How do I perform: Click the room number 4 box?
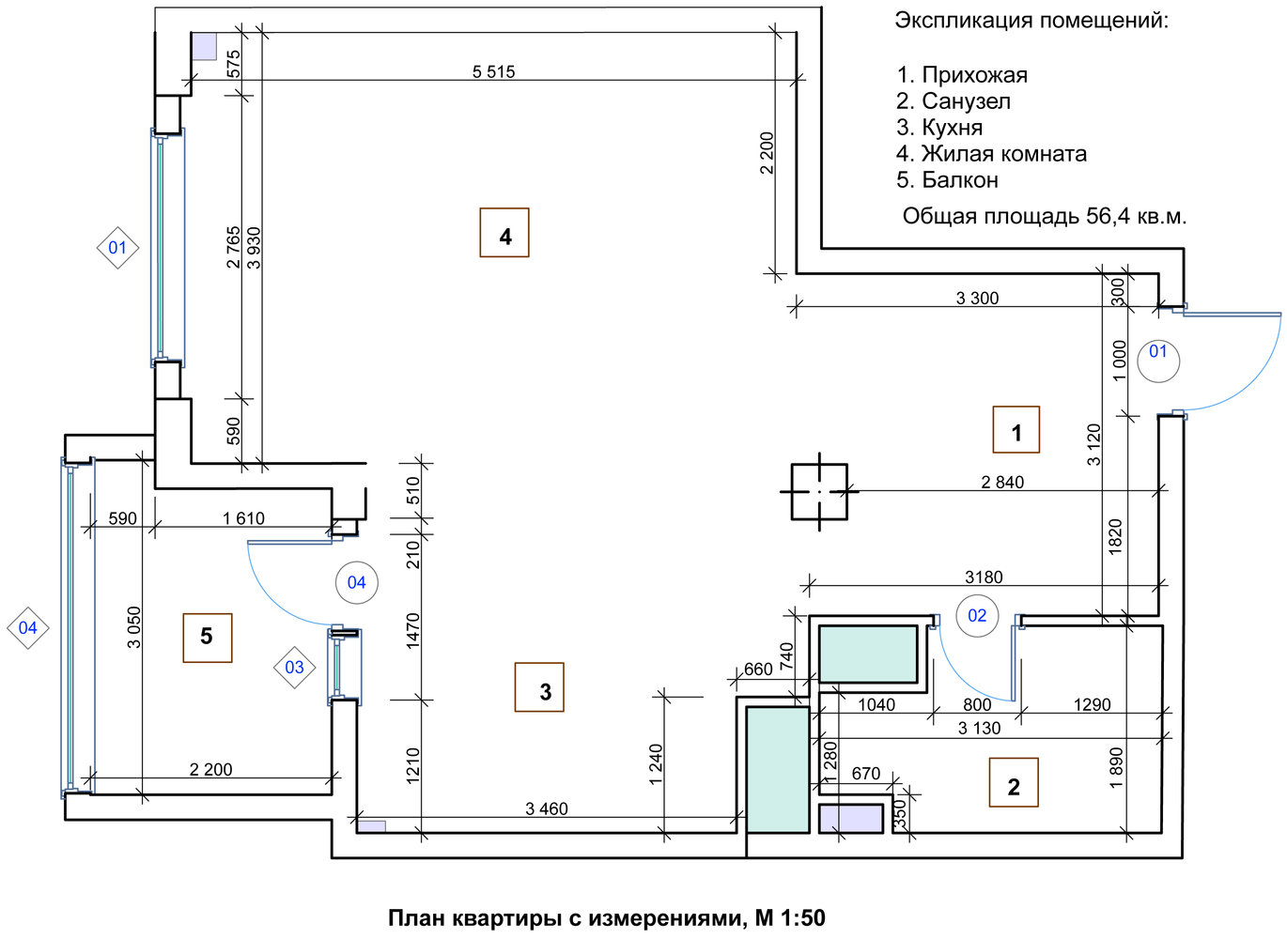[x=504, y=233]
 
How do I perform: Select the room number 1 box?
[x=1016, y=430]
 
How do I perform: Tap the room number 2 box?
[x=1014, y=784]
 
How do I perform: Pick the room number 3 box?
[x=540, y=687]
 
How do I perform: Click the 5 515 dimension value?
[x=493, y=71]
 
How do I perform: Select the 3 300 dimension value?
[x=977, y=299]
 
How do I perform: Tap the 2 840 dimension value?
[x=1002, y=482]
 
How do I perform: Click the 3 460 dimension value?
[x=547, y=808]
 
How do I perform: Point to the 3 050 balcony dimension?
[x=134, y=627]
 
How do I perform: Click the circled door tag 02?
[x=977, y=616]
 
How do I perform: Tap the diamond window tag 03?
[x=294, y=668]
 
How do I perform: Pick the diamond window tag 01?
[x=117, y=248]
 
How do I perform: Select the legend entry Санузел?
[x=966, y=101]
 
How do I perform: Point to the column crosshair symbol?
[x=819, y=491]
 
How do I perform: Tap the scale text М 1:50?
[x=790, y=918]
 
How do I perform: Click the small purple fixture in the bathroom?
[x=851, y=819]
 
